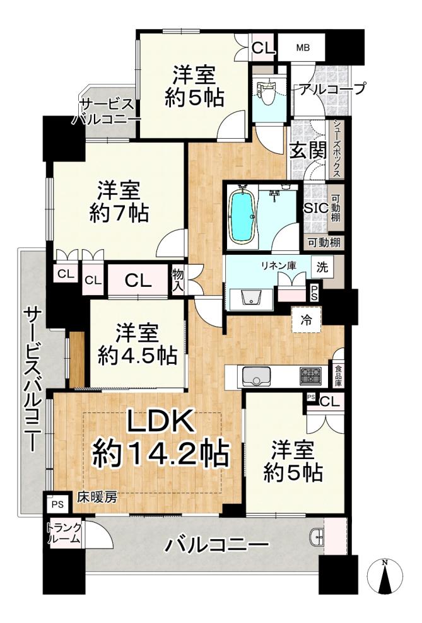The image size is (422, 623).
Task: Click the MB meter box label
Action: (303, 48)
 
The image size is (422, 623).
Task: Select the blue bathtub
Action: (242, 216)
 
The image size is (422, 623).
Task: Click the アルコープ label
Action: (332, 90)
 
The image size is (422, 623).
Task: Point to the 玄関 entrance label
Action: (308, 151)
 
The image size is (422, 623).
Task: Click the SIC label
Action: (316, 207)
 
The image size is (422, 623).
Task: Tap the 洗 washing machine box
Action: (322, 267)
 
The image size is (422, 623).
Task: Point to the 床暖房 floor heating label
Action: (97, 497)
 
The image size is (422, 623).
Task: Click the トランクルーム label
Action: (64, 533)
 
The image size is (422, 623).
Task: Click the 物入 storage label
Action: (178, 280)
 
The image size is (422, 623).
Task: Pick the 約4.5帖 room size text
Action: (137, 356)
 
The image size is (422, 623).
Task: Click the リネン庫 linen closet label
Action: (284, 266)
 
